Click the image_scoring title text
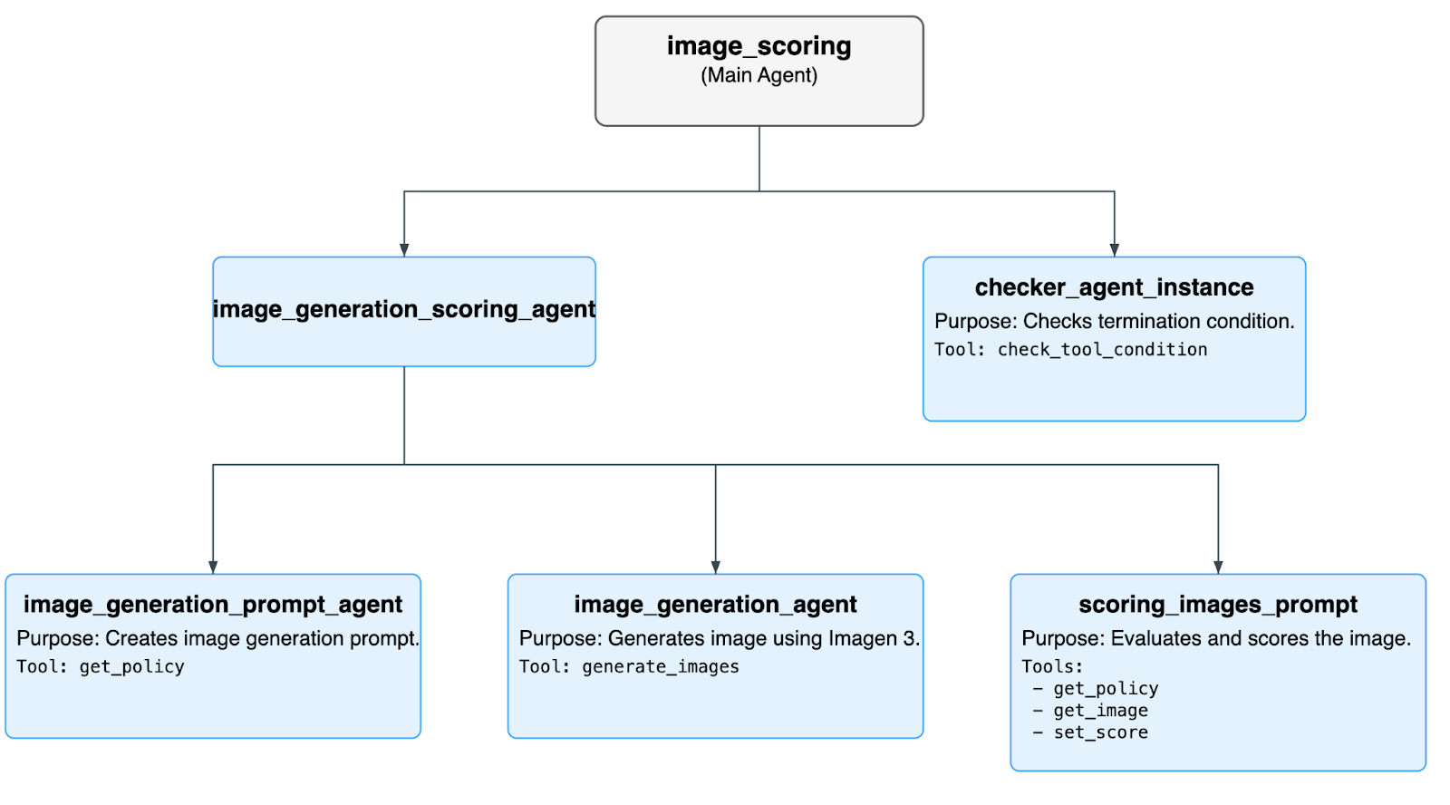click(759, 46)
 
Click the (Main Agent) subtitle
click(759, 75)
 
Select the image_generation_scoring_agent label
click(403, 310)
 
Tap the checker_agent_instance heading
click(1114, 287)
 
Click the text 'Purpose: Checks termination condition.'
click(1114, 321)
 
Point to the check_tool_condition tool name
click(1102, 350)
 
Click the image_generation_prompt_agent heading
click(213, 605)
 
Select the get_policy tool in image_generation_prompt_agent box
click(132, 667)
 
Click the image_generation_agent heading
click(715, 605)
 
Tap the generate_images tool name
click(660, 667)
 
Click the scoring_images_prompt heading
click(1217, 605)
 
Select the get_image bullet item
click(1100, 711)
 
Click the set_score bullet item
click(1100, 732)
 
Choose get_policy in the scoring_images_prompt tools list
click(1106, 689)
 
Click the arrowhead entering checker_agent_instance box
click(1114, 250)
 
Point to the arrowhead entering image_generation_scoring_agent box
click(404, 250)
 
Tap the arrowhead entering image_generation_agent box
click(715, 567)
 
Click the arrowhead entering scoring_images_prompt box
click(1218, 567)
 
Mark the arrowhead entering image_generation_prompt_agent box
click(213, 567)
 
